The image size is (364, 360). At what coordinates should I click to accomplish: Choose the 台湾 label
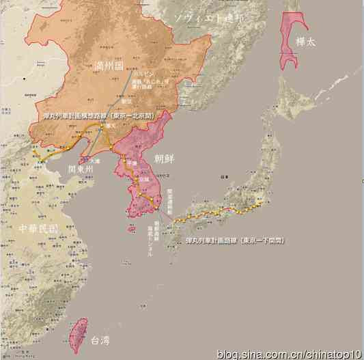[100, 340]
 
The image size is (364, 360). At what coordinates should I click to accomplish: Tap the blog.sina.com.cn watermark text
[290, 353]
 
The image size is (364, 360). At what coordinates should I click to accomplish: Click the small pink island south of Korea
[132, 229]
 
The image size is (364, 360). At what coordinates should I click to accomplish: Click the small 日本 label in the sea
[223, 176]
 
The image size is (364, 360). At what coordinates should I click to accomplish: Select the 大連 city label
[95, 161]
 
